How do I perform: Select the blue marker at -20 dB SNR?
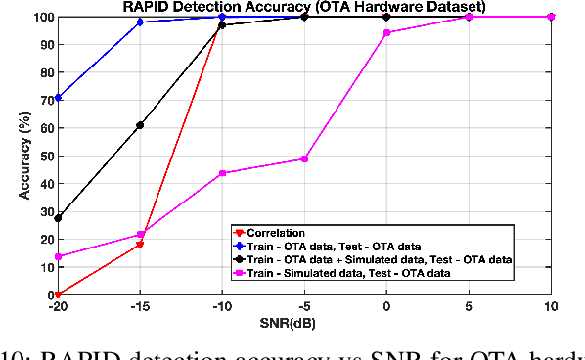click(59, 98)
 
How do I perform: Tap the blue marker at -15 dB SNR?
click(141, 22)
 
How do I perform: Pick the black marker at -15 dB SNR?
click(141, 125)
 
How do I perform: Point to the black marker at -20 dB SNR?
click(59, 217)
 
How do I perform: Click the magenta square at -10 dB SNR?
click(223, 173)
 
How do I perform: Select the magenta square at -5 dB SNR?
click(305, 158)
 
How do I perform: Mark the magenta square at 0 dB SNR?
click(387, 33)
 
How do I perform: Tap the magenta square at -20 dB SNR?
click(59, 256)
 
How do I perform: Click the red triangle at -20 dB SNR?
click(59, 293)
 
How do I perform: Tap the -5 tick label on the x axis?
click(305, 306)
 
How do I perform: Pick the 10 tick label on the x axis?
click(551, 306)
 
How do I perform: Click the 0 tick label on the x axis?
click(387, 306)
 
